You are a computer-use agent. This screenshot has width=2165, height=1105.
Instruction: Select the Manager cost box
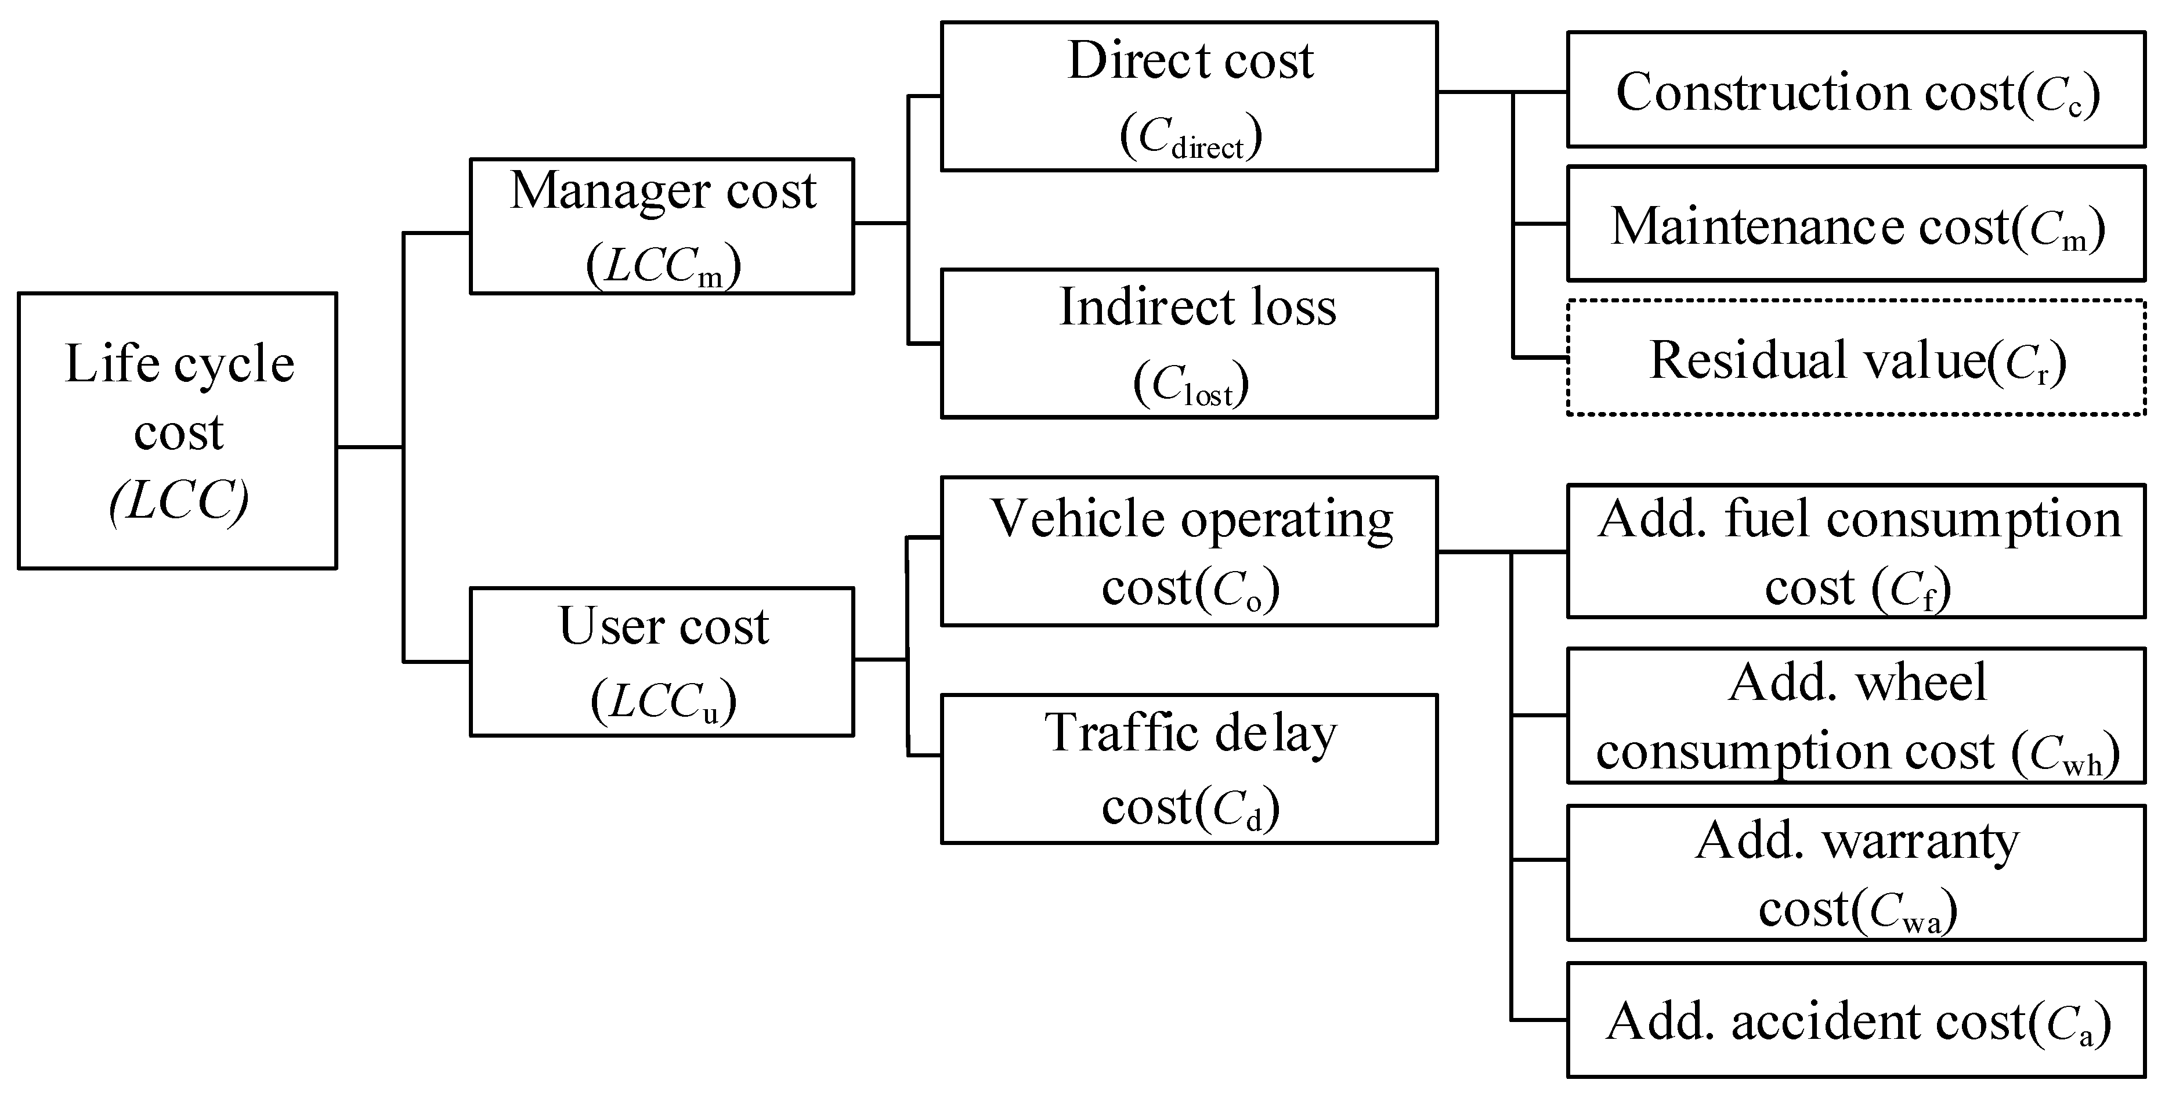click(x=662, y=226)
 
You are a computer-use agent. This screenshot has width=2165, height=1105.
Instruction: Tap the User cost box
click(x=662, y=662)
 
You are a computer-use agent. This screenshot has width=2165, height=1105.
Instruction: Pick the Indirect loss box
click(x=1188, y=344)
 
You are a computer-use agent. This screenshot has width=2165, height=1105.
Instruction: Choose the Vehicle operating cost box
click(x=1188, y=551)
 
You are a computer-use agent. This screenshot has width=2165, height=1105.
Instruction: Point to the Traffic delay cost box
click(x=1188, y=768)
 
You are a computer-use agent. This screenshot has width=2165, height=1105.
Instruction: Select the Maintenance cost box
click(x=1856, y=223)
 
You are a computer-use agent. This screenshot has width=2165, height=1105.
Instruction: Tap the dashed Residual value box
click(x=1856, y=358)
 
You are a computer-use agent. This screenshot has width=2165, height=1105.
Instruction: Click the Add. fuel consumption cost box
click(x=1856, y=551)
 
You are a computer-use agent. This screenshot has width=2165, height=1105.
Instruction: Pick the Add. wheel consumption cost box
click(x=1856, y=715)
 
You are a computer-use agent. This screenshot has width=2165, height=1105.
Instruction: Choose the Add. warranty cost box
click(x=1856, y=873)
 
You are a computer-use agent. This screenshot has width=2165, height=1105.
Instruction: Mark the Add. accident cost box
click(x=1856, y=1020)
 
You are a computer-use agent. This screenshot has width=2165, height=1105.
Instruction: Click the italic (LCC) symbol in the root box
click(x=179, y=501)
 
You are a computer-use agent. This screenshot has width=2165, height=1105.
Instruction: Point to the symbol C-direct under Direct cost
click(x=1191, y=137)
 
